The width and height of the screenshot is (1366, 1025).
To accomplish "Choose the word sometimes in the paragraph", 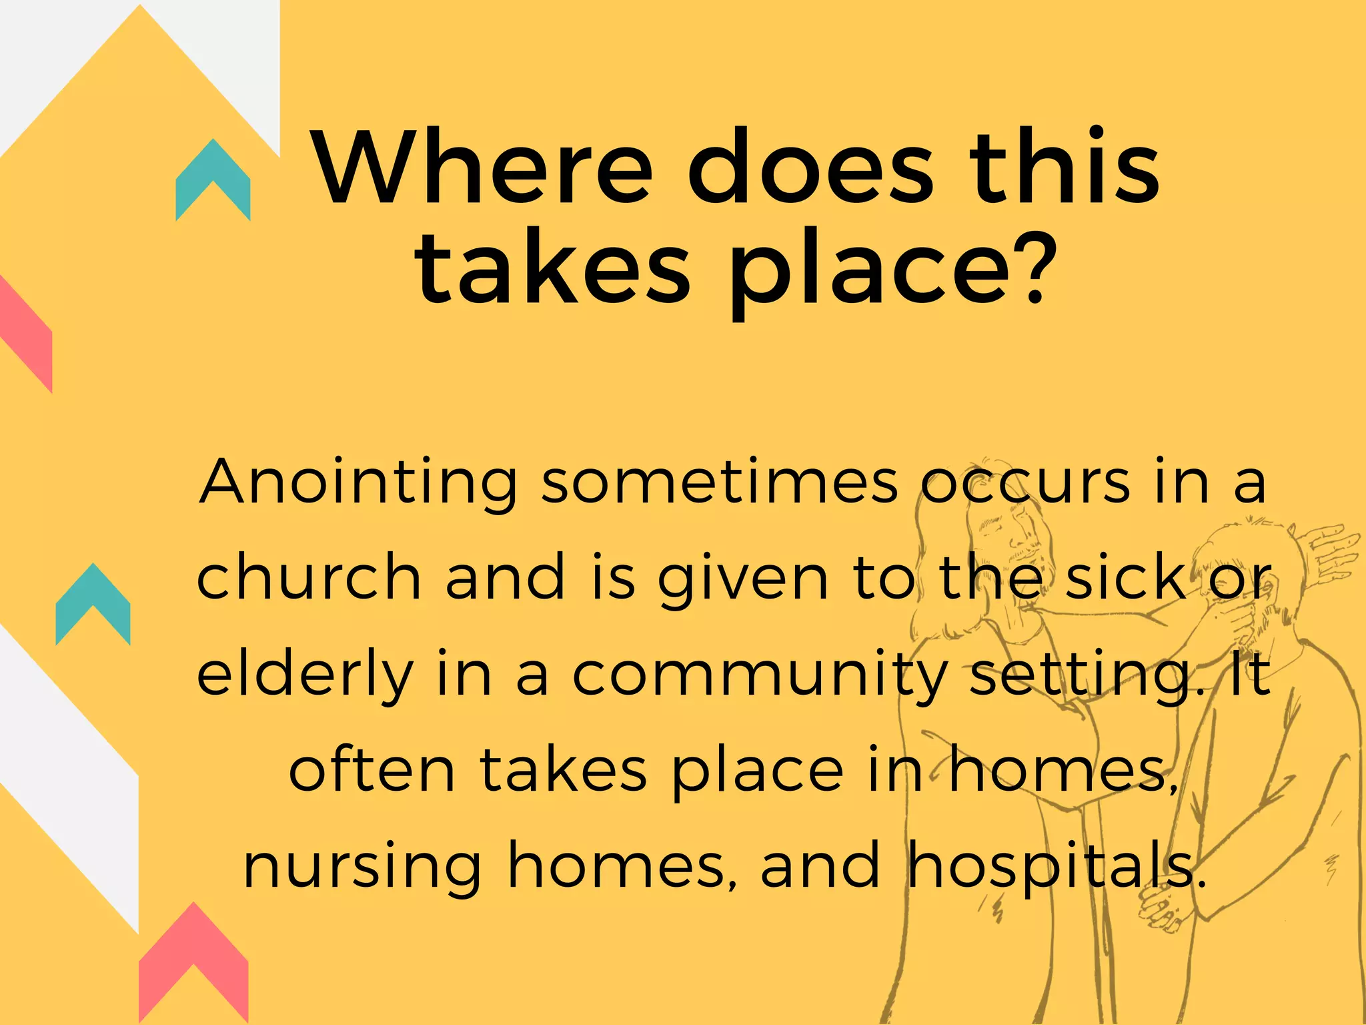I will [719, 482].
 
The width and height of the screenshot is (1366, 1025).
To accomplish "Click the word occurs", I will [1027, 482].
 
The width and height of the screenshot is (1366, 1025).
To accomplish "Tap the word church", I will [309, 577].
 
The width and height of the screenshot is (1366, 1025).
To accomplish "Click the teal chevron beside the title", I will [213, 178].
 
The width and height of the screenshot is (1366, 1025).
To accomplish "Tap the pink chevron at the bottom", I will [193, 961].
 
